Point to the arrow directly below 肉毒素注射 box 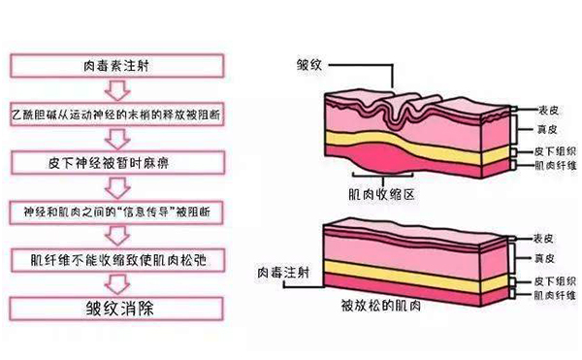116,90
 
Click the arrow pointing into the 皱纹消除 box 116,285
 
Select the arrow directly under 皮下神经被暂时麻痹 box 116,184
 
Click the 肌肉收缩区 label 383,193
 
